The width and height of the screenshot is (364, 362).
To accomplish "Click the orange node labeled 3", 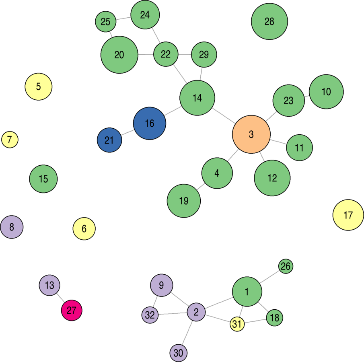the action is tap(251, 134).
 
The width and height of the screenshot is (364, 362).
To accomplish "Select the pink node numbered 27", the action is tap(72, 311).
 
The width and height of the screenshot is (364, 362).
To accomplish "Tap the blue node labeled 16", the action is tap(149, 123).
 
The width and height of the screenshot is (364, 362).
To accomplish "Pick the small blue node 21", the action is tap(109, 140).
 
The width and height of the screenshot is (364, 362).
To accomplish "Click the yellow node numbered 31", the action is tap(237, 323).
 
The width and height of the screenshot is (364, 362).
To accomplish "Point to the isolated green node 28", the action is tap(269, 22).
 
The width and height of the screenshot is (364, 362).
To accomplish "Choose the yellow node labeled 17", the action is tap(348, 215).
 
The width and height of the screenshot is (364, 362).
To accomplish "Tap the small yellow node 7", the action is tap(10, 140).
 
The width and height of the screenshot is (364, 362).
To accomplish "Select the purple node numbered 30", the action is tap(178, 353).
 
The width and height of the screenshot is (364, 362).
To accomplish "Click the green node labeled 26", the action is tap(286, 266).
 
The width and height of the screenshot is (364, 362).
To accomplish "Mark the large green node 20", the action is tap(119, 55).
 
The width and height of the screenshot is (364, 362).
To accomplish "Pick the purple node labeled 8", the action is tap(12, 227).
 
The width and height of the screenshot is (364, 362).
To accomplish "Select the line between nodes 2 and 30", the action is tap(187, 332).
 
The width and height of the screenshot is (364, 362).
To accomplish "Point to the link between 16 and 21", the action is tap(128, 132).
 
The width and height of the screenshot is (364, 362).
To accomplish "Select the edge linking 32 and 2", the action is tap(172, 313).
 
